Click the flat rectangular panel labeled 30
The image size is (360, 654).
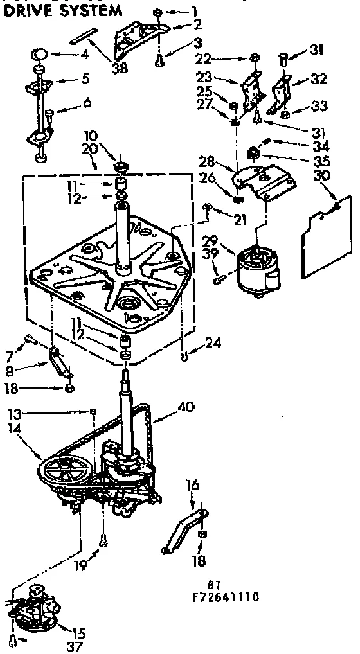(327, 238)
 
